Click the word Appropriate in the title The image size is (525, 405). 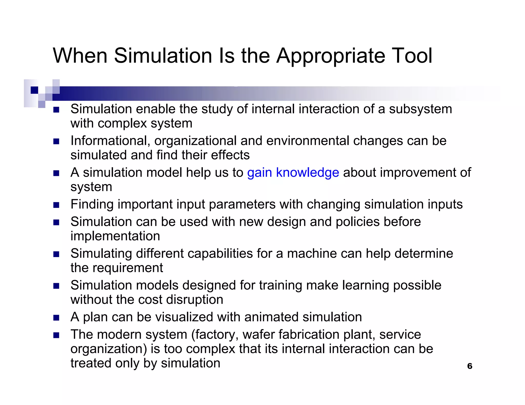(x=331, y=56)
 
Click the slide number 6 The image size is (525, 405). (x=470, y=366)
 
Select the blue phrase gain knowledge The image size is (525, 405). (x=293, y=173)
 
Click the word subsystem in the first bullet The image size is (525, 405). (x=420, y=109)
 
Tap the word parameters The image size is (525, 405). (x=242, y=205)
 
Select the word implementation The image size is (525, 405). (x=115, y=236)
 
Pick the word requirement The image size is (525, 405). (x=127, y=268)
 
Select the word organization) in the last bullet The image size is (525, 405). (x=109, y=349)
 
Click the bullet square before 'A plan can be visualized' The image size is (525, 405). (x=56, y=318)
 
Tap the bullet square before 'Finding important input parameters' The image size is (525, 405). (x=56, y=205)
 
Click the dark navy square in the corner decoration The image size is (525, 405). (x=34, y=90)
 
